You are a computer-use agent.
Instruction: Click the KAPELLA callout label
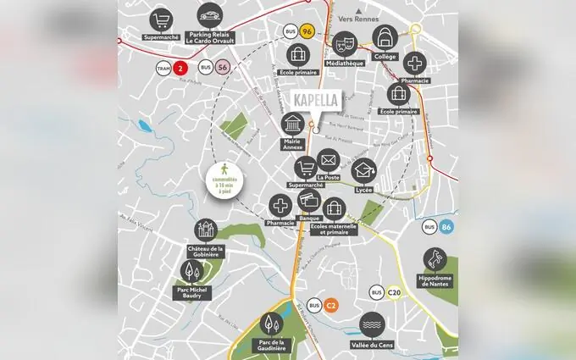click(x=314, y=100)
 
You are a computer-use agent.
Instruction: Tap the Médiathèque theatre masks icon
click(x=345, y=42)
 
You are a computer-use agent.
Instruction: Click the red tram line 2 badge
click(x=179, y=68)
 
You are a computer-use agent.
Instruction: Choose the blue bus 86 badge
click(x=446, y=226)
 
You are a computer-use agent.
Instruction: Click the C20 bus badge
click(x=393, y=293)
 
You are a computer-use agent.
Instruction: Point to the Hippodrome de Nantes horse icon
click(x=437, y=259)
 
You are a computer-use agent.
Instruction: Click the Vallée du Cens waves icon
click(x=371, y=324)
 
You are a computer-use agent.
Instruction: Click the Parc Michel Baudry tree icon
click(x=193, y=271)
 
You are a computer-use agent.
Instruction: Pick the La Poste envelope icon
click(x=329, y=159)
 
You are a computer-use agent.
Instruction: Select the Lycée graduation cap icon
click(x=364, y=171)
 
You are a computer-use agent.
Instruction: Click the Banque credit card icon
click(x=308, y=202)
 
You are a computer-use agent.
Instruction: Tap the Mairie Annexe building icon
click(x=292, y=124)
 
